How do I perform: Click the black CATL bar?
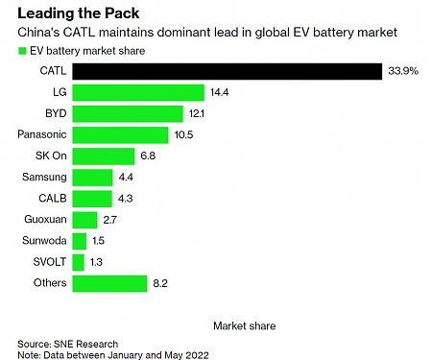click(x=228, y=71)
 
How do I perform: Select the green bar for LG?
click(x=138, y=92)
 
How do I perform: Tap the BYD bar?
click(x=128, y=113)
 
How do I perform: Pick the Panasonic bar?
click(x=120, y=134)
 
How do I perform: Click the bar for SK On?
click(x=104, y=156)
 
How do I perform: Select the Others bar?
click(x=109, y=282)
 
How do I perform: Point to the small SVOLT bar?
click(x=78, y=261)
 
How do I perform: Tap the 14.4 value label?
click(x=220, y=92)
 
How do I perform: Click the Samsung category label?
click(x=44, y=177)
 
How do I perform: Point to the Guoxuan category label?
click(x=44, y=219)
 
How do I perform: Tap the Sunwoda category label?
click(x=43, y=240)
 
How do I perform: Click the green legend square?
click(x=22, y=50)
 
